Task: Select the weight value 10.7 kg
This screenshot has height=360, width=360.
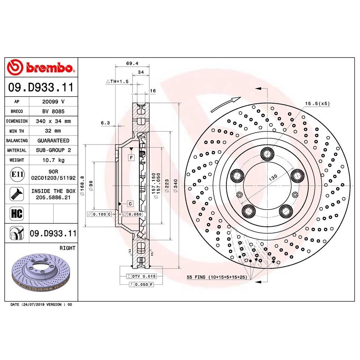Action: pyautogui.click(x=53, y=160)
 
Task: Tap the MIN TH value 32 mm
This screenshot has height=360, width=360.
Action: pyautogui.click(x=53, y=131)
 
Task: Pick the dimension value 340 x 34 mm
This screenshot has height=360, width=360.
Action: pyautogui.click(x=53, y=121)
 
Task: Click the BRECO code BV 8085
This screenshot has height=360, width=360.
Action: pyautogui.click(x=53, y=111)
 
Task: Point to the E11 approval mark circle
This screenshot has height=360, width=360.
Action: pyautogui.click(x=17, y=174)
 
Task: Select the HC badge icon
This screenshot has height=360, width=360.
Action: pyautogui.click(x=17, y=214)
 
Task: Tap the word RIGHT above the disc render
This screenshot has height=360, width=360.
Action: pyautogui.click(x=67, y=248)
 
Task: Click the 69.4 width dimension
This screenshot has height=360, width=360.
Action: pyautogui.click(x=132, y=63)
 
